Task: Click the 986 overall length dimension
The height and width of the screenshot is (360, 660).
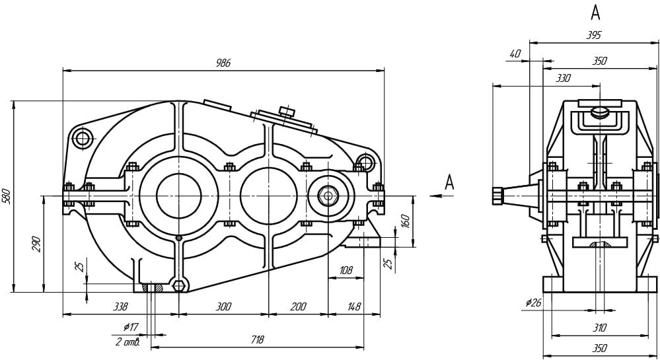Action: click(x=223, y=63)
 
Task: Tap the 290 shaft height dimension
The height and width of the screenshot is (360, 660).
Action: click(x=36, y=244)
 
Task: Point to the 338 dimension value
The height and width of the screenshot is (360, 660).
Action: click(x=120, y=306)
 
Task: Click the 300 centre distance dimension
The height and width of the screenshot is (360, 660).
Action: click(x=223, y=306)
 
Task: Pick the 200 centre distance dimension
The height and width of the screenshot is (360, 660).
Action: click(x=298, y=306)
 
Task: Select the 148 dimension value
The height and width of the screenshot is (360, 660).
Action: click(x=354, y=306)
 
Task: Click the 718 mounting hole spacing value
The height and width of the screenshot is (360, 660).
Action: click(x=257, y=340)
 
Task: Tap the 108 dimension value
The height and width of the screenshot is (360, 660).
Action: click(x=346, y=270)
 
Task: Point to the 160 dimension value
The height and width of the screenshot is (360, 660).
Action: click(x=405, y=221)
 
